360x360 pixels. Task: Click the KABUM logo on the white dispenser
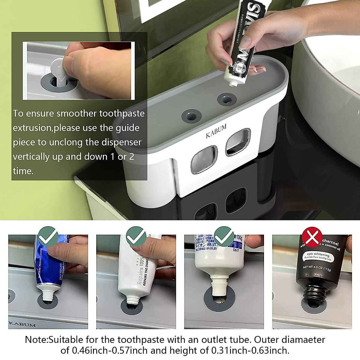[x=216, y=131]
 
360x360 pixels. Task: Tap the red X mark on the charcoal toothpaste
[x=312, y=237]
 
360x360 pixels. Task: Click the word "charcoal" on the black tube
[x=330, y=242]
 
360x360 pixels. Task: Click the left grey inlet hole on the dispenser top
[x=191, y=115]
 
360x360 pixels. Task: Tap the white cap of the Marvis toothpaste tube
[x=233, y=81]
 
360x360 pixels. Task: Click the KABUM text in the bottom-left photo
[x=22, y=324]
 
